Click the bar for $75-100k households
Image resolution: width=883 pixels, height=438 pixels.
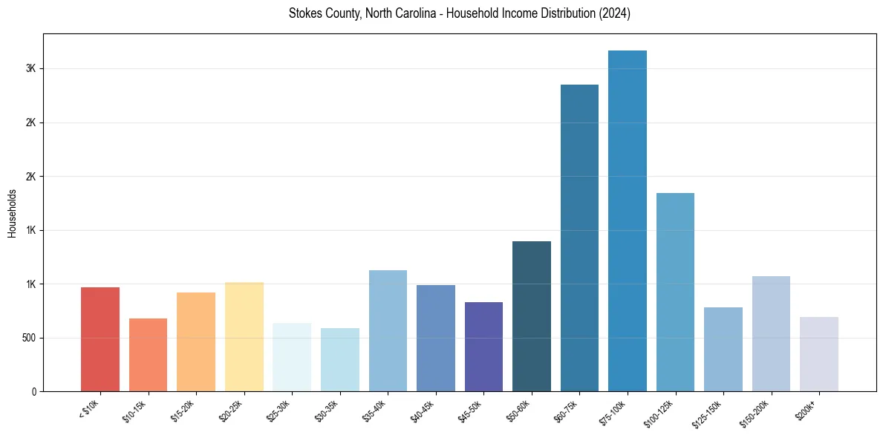coord(627,220)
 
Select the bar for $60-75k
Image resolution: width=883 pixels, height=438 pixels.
coord(579,238)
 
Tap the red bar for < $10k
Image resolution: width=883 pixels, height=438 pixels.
coord(100,339)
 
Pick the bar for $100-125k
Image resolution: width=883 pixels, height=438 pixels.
coord(675,292)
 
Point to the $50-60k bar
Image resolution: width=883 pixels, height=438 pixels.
coord(532,316)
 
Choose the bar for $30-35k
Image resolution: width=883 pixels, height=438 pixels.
coord(340,359)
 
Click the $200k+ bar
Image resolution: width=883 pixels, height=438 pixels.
coord(818,354)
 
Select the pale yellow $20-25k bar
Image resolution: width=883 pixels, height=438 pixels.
coord(244,336)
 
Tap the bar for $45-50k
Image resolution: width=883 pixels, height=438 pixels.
coord(483,347)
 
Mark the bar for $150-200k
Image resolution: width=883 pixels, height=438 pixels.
coord(771,333)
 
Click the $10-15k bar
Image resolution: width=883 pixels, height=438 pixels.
coord(148,355)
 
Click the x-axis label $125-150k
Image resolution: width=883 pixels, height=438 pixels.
coord(708,414)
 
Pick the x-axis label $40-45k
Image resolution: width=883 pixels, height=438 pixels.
coord(423,411)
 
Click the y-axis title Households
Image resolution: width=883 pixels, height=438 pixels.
coord(13,213)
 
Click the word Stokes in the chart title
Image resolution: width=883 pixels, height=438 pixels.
coord(304,13)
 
